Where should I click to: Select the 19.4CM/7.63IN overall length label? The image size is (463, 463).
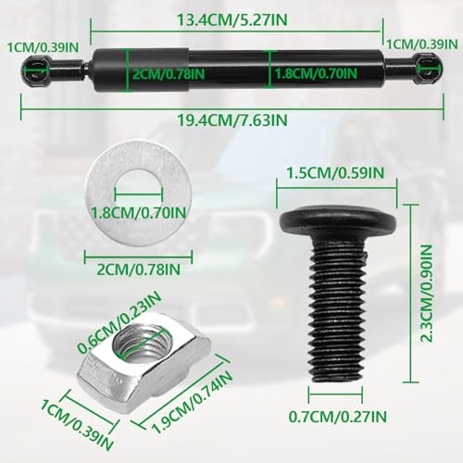231,119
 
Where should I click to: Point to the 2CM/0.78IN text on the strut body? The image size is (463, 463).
170,69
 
